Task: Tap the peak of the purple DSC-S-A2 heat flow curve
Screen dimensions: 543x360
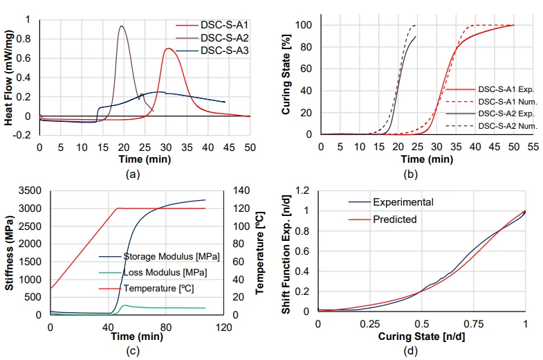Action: pos(121,26)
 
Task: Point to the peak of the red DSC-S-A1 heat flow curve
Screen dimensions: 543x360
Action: pos(168,48)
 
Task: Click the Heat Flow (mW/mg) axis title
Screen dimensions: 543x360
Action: pos(9,78)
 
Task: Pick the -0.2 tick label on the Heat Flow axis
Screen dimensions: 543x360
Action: pos(22,135)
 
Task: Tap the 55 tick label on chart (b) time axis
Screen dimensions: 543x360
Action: pos(533,147)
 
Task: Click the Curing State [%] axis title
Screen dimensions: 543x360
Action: pos(286,74)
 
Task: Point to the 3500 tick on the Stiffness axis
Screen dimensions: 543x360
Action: pos(30,190)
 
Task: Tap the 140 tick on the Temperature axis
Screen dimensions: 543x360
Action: pos(241,190)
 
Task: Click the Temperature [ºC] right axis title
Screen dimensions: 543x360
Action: pos(260,253)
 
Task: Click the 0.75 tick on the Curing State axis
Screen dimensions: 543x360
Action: pos(473,324)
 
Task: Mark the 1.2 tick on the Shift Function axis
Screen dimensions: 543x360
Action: pos(302,190)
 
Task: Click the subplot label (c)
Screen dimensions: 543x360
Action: pos(133,351)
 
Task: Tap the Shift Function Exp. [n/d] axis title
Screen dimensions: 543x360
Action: pos(286,254)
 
